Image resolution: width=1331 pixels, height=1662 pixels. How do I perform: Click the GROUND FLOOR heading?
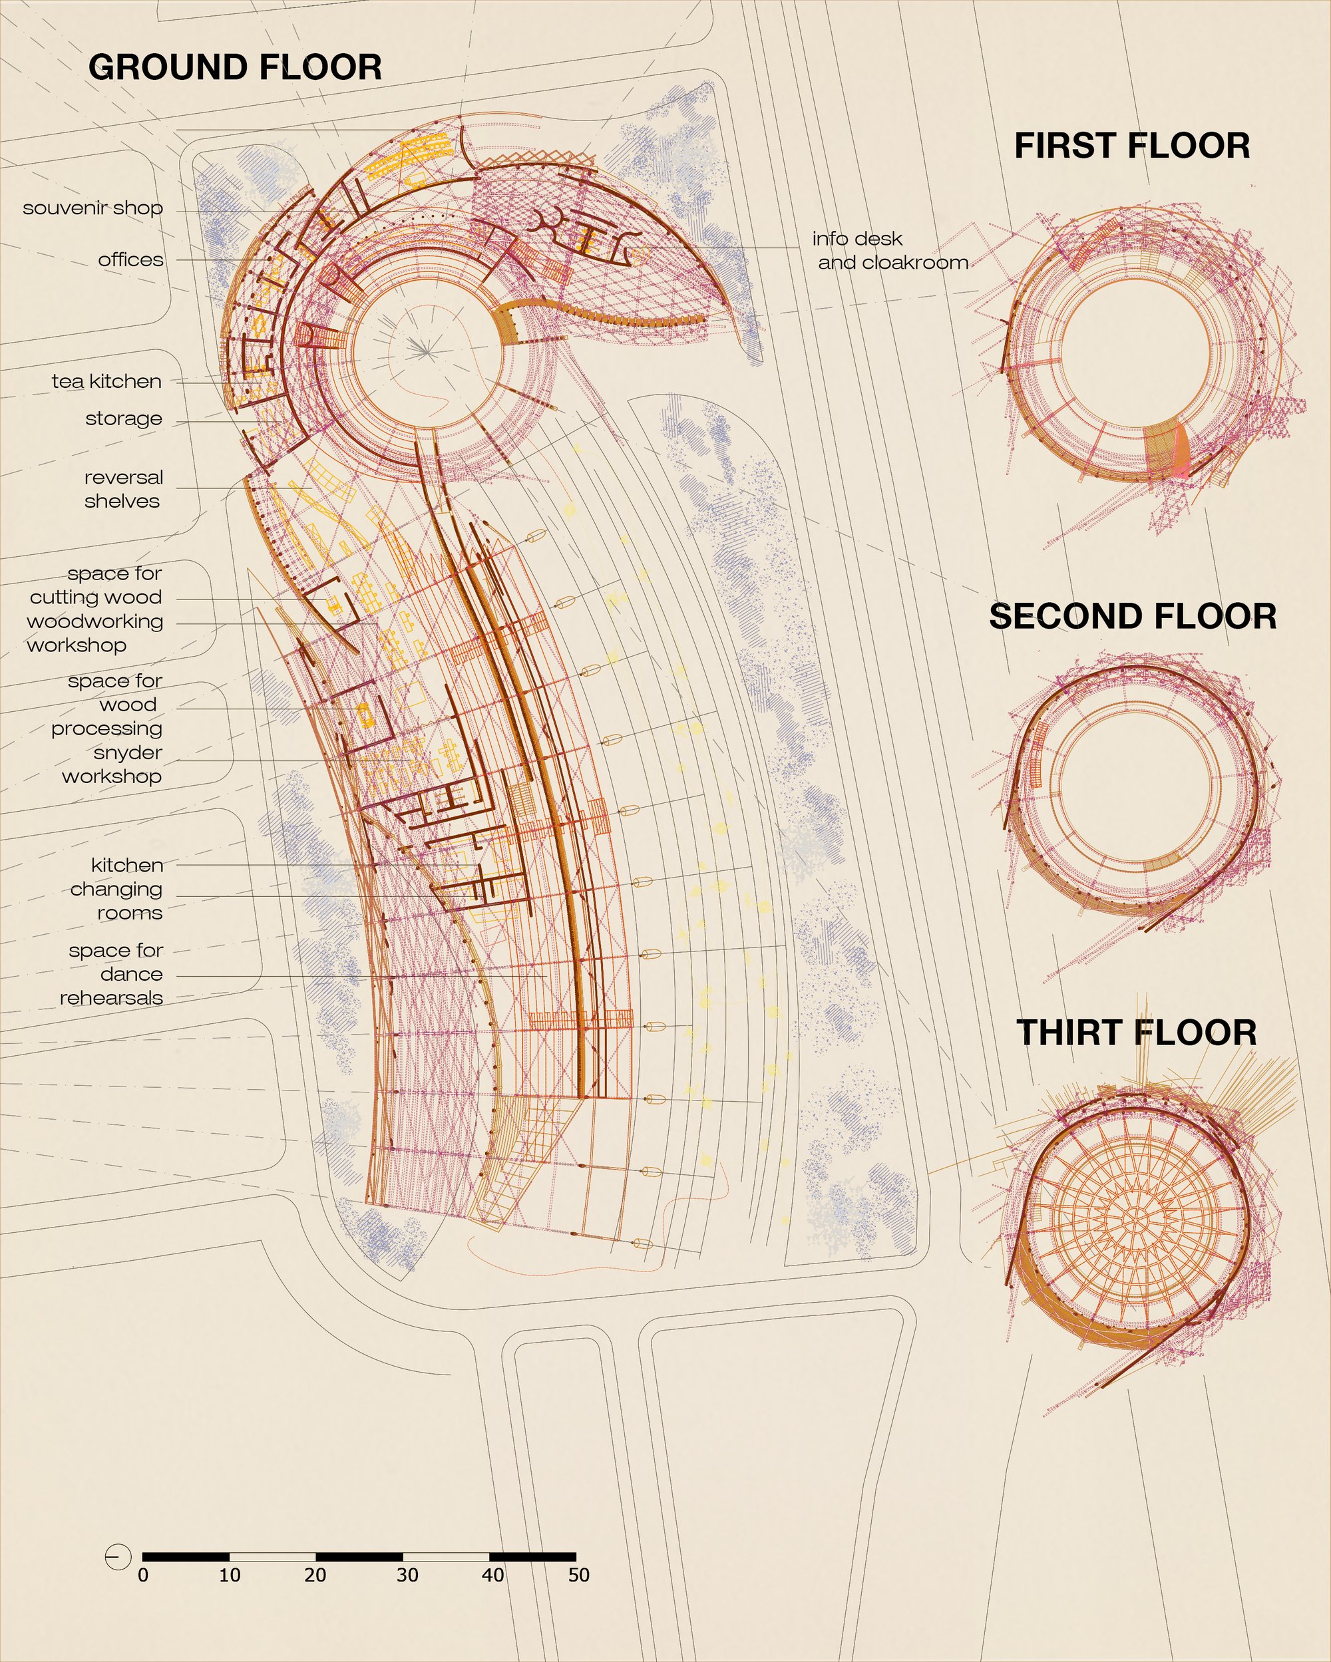(x=235, y=67)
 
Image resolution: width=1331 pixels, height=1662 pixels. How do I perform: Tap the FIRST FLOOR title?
(x=1132, y=146)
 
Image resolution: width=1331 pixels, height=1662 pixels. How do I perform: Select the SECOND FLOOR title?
(x=1133, y=617)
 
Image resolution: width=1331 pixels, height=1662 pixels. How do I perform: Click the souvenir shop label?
(x=93, y=208)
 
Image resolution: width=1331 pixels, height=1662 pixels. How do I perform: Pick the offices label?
(x=130, y=259)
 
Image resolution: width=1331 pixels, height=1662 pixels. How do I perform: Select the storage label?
(x=124, y=418)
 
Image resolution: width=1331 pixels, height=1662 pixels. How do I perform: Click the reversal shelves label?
(x=123, y=489)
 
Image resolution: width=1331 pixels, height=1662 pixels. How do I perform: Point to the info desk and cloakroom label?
(x=890, y=251)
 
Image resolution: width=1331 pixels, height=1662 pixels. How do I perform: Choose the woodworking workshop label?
(x=95, y=633)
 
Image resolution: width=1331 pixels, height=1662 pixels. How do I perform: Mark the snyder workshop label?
(x=112, y=764)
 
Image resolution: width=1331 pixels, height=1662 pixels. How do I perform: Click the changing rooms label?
(x=116, y=900)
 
